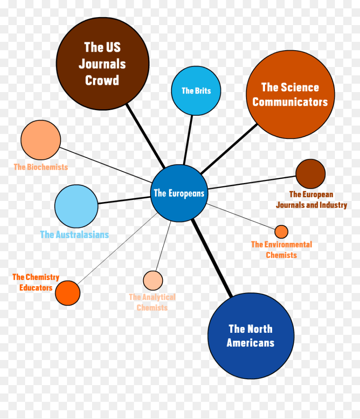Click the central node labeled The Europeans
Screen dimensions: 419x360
[179, 193]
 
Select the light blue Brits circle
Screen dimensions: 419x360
[196, 90]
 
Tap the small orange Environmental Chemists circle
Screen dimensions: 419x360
[281, 231]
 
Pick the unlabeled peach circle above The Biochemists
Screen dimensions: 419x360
[41, 140]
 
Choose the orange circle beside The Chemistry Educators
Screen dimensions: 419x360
[67, 293]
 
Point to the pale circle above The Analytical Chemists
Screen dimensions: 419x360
[153, 280]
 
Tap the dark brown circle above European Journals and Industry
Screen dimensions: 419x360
[310, 174]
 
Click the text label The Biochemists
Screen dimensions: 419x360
[41, 167]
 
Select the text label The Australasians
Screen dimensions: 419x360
[75, 235]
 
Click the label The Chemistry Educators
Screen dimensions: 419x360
[36, 282]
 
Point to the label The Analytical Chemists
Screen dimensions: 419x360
[152, 302]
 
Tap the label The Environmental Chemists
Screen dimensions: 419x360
[281, 249]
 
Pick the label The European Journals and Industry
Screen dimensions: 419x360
[311, 200]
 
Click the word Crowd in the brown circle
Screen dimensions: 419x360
[102, 80]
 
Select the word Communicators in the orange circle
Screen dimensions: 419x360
[290, 102]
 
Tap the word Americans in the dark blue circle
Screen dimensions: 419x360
[250, 343]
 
